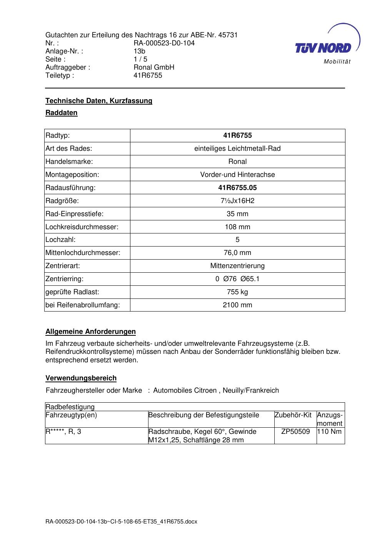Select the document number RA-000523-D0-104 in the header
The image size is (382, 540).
click(x=164, y=43)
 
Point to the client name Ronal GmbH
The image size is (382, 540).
click(x=154, y=67)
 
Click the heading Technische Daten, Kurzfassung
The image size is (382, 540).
click(x=99, y=101)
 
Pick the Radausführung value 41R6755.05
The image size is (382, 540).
click(x=237, y=188)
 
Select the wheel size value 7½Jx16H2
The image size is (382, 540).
click(x=237, y=201)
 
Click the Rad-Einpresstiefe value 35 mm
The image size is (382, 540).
click(x=237, y=214)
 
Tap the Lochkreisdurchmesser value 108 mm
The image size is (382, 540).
click(x=237, y=227)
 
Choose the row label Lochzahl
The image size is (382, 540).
click(x=60, y=240)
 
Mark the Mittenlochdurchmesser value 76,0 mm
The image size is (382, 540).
click(x=237, y=253)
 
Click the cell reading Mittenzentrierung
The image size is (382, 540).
click(x=237, y=266)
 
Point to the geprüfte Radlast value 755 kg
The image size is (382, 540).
click(x=237, y=292)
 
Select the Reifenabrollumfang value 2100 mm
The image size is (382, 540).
click(x=237, y=305)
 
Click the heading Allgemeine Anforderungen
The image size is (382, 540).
click(x=90, y=332)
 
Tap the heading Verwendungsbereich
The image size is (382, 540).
click(x=81, y=378)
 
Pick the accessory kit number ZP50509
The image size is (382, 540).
click(x=295, y=432)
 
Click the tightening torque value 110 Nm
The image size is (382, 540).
click(x=330, y=432)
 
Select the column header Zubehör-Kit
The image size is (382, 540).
click(x=293, y=415)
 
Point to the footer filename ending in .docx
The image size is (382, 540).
click(x=121, y=522)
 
